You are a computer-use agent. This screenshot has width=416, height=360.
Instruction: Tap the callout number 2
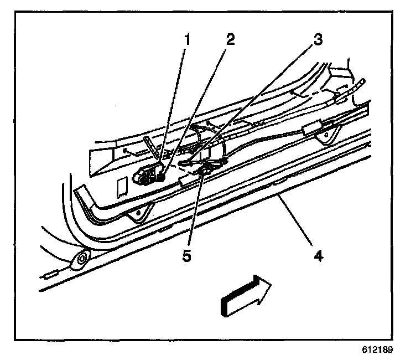(230, 39)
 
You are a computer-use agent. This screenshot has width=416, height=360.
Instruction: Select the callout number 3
(317, 40)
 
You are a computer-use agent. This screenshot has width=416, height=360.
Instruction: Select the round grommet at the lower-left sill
(82, 258)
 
